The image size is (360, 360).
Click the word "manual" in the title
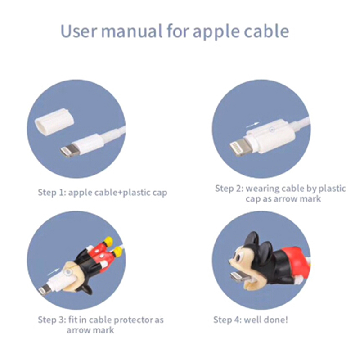pos(132,31)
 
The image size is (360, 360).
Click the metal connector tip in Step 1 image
pos(68,152)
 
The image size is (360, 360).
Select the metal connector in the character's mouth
pos(239,276)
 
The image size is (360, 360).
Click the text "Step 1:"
pos(52,193)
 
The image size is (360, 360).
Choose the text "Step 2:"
pos(229,189)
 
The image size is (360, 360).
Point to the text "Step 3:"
pos(52,319)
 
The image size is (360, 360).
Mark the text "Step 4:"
pos(228,319)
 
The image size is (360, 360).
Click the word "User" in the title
pos(79,31)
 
